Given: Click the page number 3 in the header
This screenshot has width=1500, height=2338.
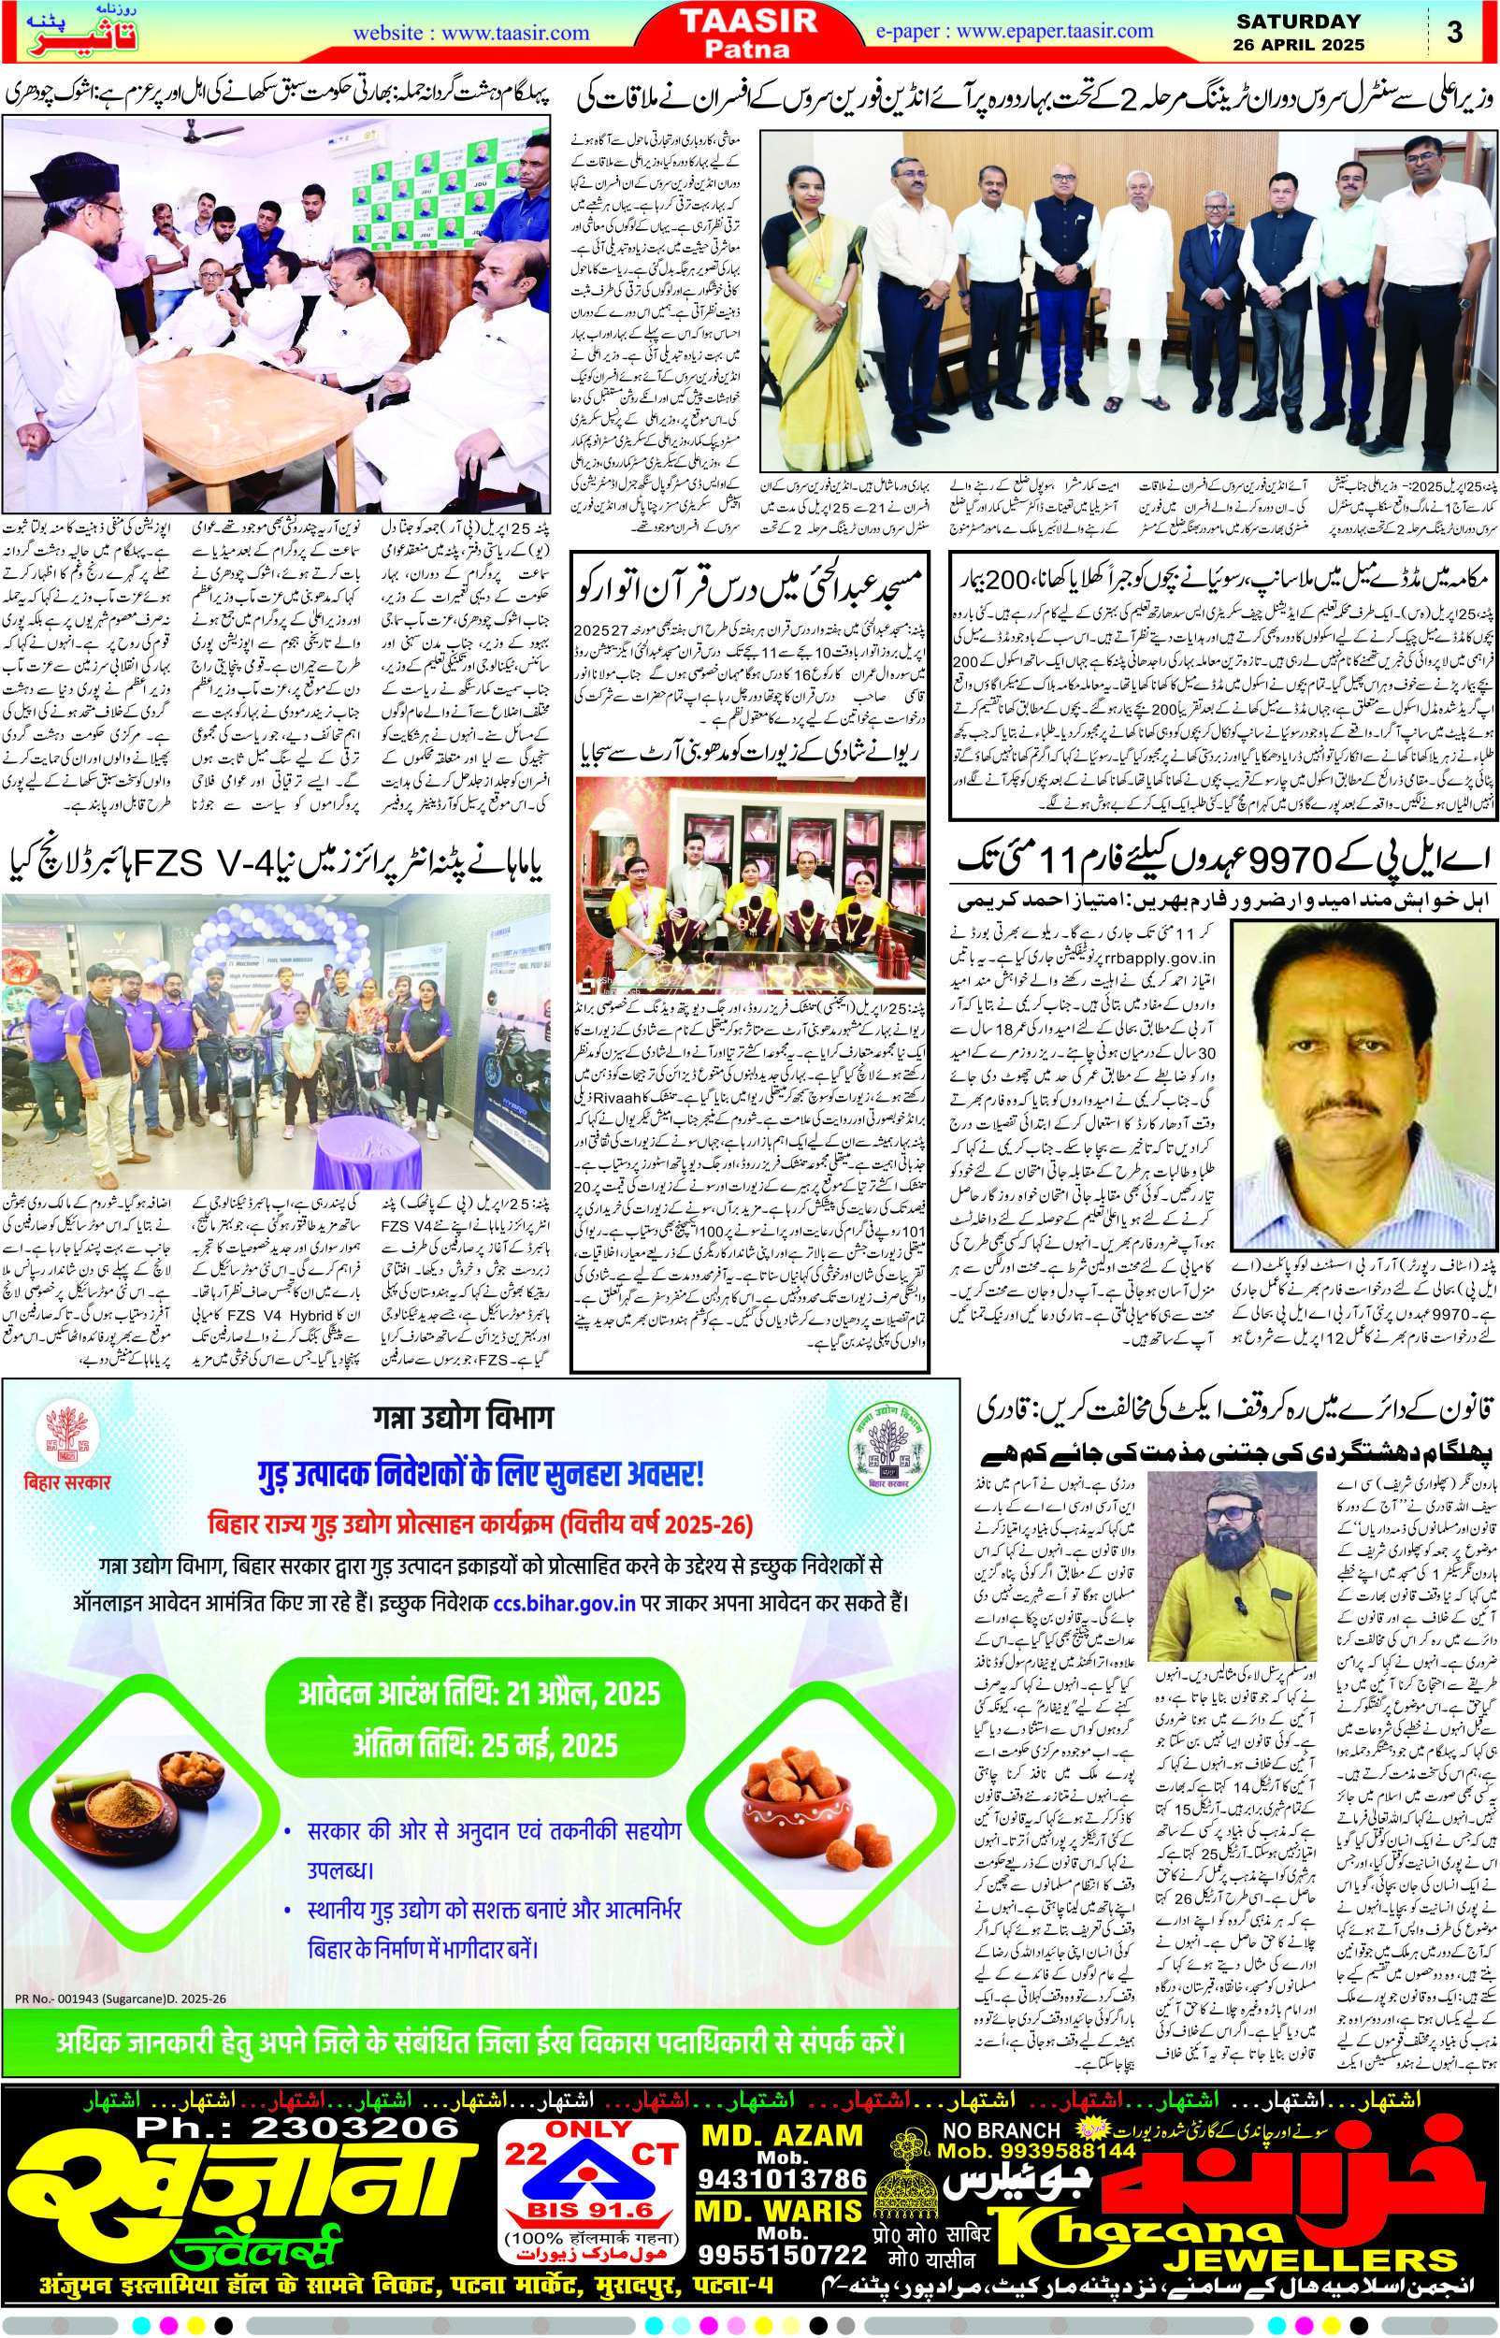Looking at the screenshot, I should click(x=1455, y=32).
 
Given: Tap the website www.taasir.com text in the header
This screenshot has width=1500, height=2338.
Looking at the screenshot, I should click(x=470, y=32).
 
